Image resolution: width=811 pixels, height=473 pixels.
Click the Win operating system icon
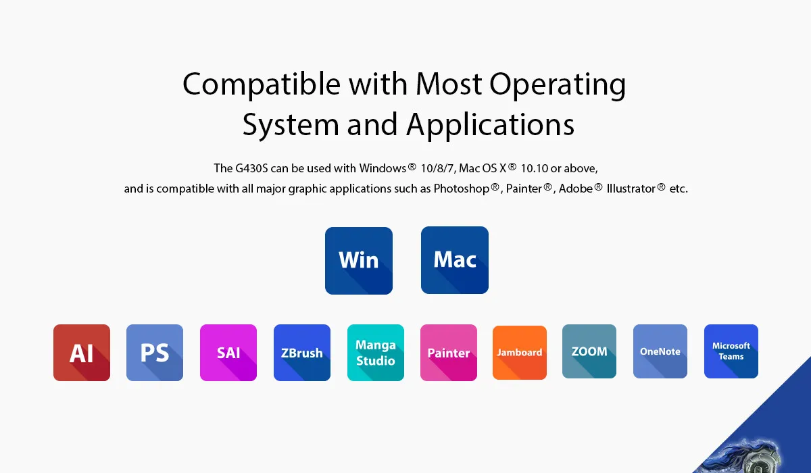pos(359,261)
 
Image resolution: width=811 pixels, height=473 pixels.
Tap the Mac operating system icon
pos(455,260)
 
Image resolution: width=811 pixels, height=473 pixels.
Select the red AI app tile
pos(82,353)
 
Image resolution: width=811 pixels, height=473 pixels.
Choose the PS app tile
pos(155,353)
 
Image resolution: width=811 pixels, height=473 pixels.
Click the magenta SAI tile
pos(228,353)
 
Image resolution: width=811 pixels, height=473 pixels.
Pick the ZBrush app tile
pos(302,353)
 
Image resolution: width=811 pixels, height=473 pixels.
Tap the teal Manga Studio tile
pos(376,353)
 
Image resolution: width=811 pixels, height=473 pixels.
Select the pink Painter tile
pos(449,353)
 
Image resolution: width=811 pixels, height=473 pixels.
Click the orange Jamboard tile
pos(520,353)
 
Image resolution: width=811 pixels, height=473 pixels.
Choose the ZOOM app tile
pos(589,351)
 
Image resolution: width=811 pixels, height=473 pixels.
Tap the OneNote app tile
pos(660,351)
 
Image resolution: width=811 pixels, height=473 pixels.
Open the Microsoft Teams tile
pos(731,351)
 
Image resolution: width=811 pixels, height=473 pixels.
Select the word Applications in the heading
pos(490,125)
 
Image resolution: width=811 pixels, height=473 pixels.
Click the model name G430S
pos(251,168)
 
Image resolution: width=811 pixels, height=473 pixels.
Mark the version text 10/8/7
pos(437,168)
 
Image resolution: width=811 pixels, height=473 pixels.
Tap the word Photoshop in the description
pos(462,189)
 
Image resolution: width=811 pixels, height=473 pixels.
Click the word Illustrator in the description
pos(631,189)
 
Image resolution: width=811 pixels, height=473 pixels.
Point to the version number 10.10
pos(535,168)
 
